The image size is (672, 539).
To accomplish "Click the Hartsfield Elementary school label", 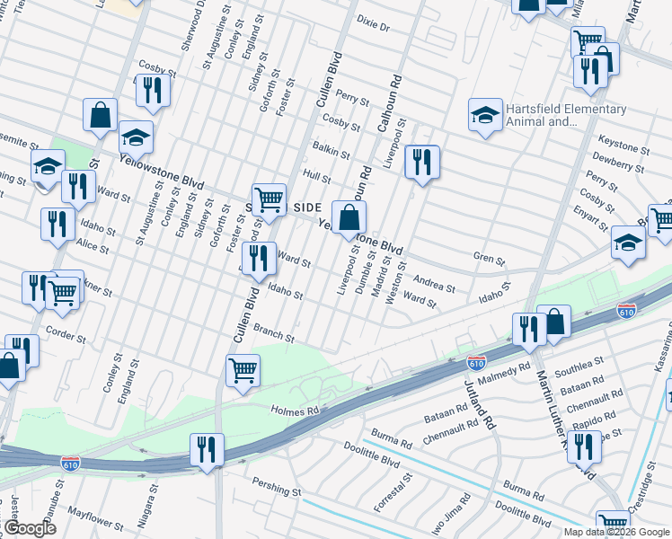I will point(565,115).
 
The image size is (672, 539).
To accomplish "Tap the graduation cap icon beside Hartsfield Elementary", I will point(485,115).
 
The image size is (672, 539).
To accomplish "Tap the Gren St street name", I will point(489,259).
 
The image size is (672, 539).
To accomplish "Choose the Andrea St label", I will point(435,284).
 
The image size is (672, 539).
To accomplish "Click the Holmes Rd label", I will point(296,411).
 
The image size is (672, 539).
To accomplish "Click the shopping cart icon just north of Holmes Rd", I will point(243,368).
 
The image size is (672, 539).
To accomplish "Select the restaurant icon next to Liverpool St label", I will point(421,162).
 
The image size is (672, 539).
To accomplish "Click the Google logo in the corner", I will point(30,528).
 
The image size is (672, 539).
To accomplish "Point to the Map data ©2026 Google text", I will point(615,532).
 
